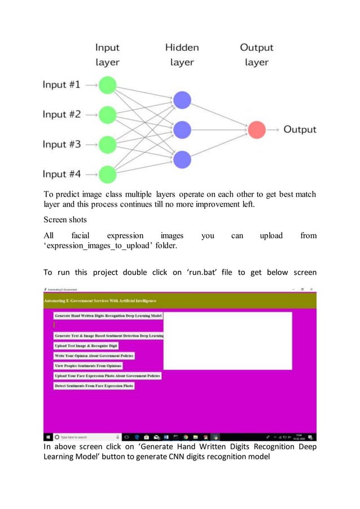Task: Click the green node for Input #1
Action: click(x=107, y=85)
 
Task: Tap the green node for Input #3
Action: click(x=107, y=144)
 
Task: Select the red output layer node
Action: click(x=257, y=130)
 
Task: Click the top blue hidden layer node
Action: click(x=182, y=100)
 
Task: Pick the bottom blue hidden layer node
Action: click(x=182, y=160)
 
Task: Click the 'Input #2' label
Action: click(x=62, y=115)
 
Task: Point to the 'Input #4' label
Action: click(x=62, y=174)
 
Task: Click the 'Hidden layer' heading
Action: click(x=182, y=55)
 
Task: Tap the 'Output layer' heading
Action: click(x=257, y=55)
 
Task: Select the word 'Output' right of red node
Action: click(x=300, y=130)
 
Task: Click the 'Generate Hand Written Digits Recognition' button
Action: click(x=108, y=315)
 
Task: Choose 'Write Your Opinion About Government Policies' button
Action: click(x=94, y=356)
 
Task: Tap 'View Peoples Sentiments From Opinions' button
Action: click(x=88, y=366)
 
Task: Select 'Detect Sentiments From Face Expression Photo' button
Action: click(x=94, y=386)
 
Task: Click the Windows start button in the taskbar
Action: click(x=49, y=437)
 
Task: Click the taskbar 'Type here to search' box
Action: click(x=85, y=437)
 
